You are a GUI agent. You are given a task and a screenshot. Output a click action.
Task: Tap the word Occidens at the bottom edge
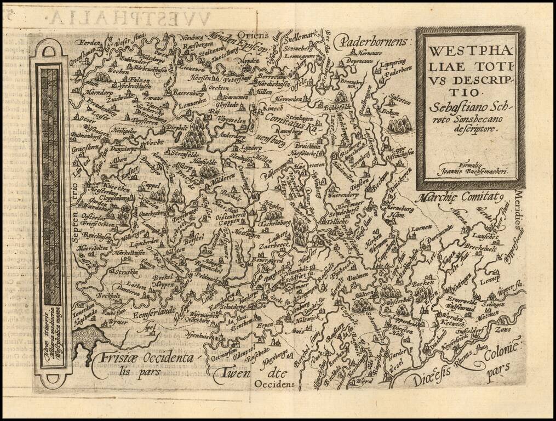point(273,384)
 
